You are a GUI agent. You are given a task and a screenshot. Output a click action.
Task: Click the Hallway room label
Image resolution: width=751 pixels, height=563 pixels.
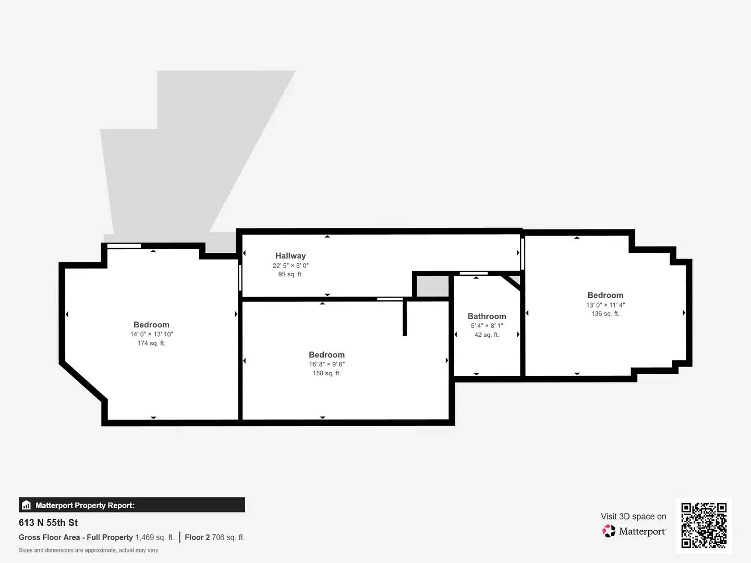290,256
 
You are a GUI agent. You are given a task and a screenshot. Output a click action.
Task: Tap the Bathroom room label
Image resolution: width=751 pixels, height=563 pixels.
487,316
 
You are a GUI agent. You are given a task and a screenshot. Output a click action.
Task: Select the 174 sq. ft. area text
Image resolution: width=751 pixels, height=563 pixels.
151,343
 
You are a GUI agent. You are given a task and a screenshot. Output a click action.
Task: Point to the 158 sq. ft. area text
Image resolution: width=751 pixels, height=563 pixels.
326,373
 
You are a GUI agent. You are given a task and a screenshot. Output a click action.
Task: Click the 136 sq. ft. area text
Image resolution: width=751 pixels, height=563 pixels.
605,314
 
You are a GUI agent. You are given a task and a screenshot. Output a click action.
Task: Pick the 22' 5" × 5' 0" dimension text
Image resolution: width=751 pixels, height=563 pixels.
290,265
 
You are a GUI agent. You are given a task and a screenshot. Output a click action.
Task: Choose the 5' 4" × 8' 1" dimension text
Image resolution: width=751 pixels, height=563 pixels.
487,326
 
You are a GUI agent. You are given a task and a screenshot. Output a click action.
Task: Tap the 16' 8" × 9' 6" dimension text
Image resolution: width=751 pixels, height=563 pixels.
326,364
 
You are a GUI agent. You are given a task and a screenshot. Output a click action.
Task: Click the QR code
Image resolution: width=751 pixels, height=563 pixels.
704,525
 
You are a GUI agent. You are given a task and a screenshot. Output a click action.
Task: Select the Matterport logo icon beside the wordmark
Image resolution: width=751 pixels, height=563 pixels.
609,531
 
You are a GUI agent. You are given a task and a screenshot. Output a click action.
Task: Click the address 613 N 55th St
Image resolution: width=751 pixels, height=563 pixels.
49,522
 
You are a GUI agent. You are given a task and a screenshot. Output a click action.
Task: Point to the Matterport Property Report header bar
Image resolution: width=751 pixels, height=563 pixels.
131,505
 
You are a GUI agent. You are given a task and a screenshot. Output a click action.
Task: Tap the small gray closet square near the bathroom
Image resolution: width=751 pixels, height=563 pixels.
432,286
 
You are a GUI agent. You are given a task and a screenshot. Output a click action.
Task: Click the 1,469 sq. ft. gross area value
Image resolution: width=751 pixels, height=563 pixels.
154,537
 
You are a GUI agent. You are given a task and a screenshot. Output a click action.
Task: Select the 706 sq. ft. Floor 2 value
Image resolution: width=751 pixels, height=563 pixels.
228,537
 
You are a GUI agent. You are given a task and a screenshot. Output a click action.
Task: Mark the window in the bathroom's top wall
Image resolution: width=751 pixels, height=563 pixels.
474,273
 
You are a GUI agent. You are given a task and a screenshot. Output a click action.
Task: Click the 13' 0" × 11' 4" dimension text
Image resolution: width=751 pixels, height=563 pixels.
605,305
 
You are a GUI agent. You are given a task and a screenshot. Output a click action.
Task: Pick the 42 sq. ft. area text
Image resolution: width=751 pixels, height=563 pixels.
487,335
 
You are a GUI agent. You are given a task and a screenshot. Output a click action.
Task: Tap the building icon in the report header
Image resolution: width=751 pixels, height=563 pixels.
26,505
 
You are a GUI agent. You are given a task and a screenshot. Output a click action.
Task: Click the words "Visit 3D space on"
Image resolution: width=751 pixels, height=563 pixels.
633,517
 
